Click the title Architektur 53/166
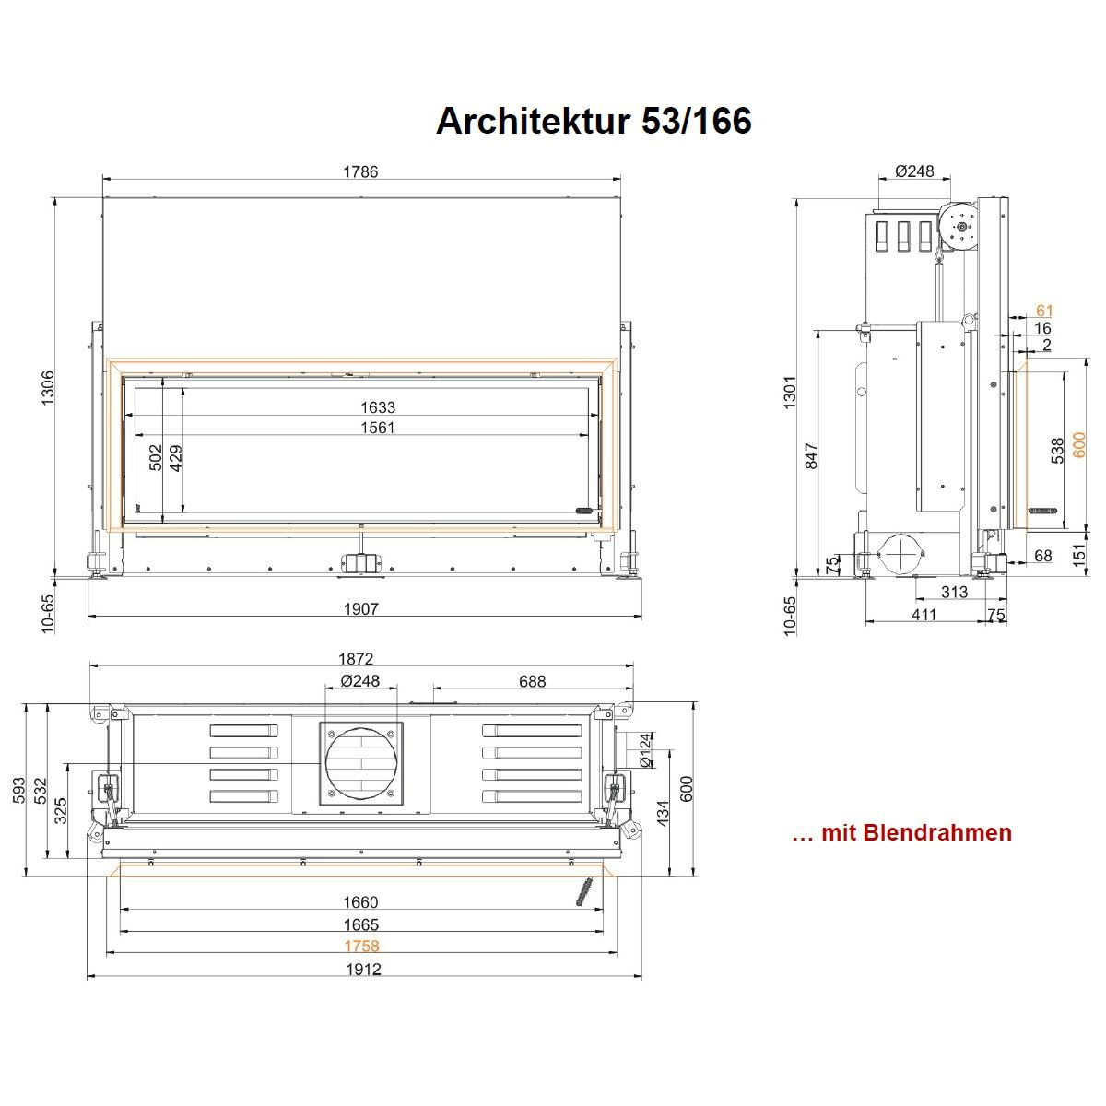pyautogui.click(x=594, y=121)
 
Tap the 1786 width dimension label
pyautogui.click(x=360, y=171)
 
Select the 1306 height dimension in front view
pyautogui.click(x=48, y=387)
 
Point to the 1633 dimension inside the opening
pyautogui.click(x=378, y=407)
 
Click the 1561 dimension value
pyautogui.click(x=378, y=428)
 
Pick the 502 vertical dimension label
pyautogui.click(x=156, y=457)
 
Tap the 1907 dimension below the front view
pyautogui.click(x=360, y=608)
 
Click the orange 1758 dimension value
pyautogui.click(x=361, y=946)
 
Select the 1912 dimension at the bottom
pyautogui.click(x=363, y=970)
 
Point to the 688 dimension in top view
pyautogui.click(x=532, y=681)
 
